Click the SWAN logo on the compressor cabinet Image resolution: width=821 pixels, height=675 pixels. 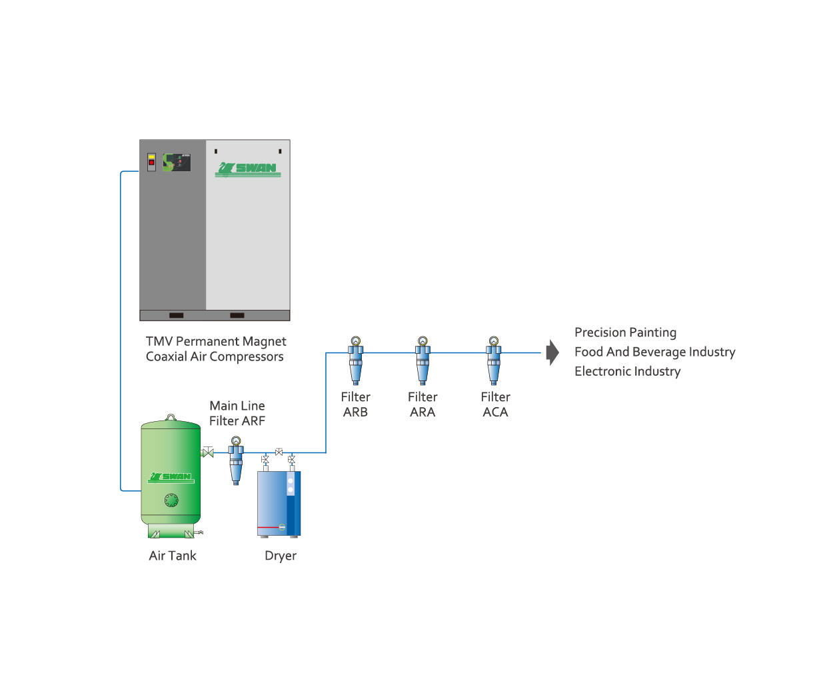[248, 169]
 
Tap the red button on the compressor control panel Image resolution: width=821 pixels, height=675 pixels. [151, 162]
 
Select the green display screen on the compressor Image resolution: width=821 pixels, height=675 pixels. [177, 162]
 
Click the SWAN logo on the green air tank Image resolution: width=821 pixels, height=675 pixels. [171, 477]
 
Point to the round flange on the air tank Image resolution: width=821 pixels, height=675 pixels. [171, 500]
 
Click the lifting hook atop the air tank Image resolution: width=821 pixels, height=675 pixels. [171, 417]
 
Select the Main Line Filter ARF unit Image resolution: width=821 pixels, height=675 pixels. [235, 460]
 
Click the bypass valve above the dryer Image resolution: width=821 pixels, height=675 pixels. [279, 452]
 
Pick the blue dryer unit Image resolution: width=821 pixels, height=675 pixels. [279, 504]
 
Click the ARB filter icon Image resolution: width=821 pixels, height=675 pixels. [355, 360]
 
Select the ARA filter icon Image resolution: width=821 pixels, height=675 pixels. [422, 360]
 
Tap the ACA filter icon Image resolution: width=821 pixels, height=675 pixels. [493, 360]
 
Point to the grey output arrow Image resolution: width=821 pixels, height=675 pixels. [552, 352]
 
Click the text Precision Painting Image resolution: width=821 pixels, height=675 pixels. [625, 333]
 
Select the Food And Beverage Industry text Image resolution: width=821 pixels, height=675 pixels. [655, 352]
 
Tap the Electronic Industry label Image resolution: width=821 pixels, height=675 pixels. [628, 371]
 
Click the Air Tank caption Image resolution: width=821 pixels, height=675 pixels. [173, 556]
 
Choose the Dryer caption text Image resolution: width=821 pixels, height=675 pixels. [281, 556]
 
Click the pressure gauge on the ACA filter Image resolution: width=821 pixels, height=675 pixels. [494, 340]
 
